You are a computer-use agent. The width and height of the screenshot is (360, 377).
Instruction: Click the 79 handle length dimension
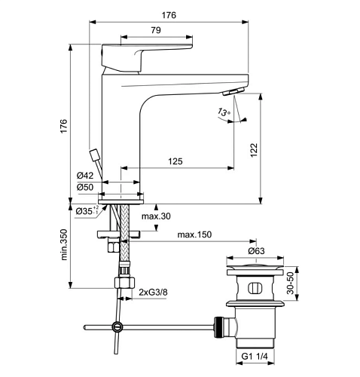pos(156,30)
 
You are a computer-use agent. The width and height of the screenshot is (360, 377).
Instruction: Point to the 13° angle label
pos(224,112)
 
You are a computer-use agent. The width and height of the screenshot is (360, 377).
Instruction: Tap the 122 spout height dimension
pos(254,150)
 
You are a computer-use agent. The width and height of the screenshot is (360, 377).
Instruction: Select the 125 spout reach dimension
pos(175,161)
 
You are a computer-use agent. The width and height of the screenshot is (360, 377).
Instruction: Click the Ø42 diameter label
pos(85,176)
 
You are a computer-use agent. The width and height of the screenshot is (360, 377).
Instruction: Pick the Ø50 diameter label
pos(85,187)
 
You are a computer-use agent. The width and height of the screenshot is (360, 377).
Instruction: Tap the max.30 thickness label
pos(156,216)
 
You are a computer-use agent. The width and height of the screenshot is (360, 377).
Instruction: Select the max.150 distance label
pos(194,234)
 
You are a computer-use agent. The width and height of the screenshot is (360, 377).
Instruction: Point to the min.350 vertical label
pos(64,244)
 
